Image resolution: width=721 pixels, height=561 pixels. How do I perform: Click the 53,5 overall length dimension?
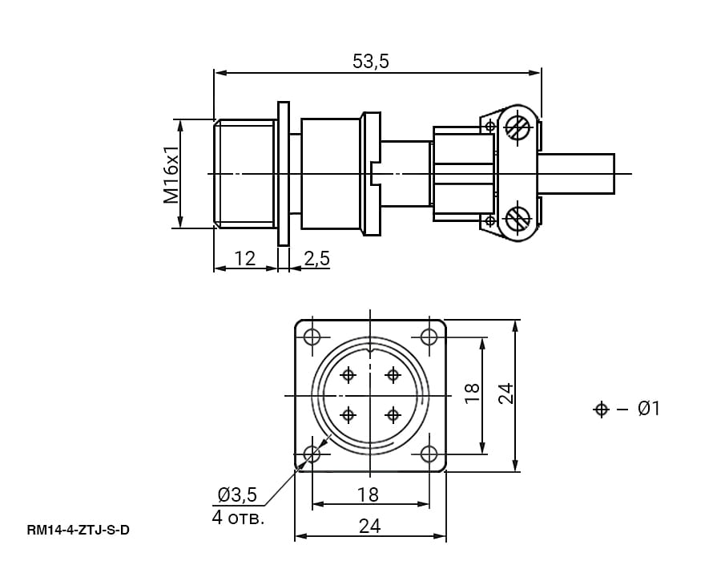pyautogui.click(x=371, y=61)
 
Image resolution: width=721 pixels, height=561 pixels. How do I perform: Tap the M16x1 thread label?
pyautogui.click(x=171, y=175)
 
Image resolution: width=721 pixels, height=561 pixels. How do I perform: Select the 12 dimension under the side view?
pyautogui.click(x=245, y=258)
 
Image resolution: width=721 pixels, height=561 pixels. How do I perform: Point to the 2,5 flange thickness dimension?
pyautogui.click(x=316, y=258)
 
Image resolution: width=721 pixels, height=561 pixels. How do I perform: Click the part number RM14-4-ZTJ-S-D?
pyautogui.click(x=79, y=531)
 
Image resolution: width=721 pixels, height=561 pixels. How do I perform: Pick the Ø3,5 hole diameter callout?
pyautogui.click(x=237, y=494)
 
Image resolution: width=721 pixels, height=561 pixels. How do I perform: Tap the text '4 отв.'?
pyautogui.click(x=238, y=517)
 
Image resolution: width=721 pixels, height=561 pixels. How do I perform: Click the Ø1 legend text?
pyautogui.click(x=649, y=409)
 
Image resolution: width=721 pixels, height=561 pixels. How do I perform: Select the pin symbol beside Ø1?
pyautogui.click(x=601, y=409)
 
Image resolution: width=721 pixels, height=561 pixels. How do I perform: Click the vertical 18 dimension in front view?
pyautogui.click(x=472, y=394)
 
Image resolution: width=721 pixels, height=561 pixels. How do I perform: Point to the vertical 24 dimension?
pyautogui.click(x=506, y=394)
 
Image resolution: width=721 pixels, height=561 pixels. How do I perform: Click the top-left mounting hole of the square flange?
pyautogui.click(x=312, y=337)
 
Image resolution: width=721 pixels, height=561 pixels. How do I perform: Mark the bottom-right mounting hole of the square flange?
pyautogui.click(x=429, y=454)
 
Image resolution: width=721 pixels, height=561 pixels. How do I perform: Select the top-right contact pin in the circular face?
pyautogui.click(x=393, y=375)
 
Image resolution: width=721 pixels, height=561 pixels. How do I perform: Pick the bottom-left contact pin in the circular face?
pyautogui.click(x=348, y=415)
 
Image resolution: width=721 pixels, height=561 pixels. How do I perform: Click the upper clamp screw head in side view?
pyautogui.click(x=518, y=127)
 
